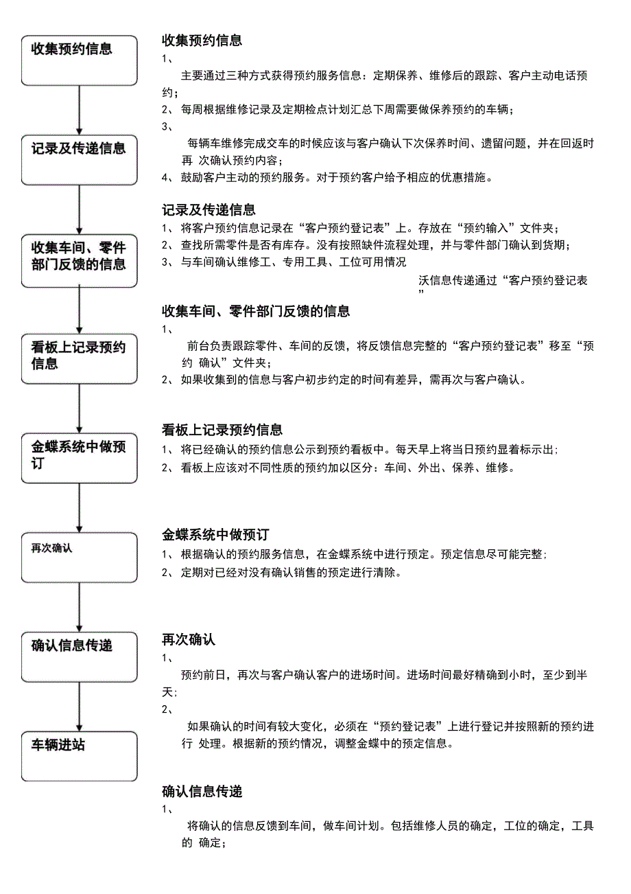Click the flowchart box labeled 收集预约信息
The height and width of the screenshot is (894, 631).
pyautogui.click(x=79, y=60)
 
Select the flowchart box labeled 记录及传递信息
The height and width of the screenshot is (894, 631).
pyautogui.click(x=79, y=159)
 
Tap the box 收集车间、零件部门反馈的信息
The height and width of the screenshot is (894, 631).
pyautogui.click(x=79, y=262)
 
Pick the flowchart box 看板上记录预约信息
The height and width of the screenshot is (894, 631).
pyautogui.click(x=79, y=359)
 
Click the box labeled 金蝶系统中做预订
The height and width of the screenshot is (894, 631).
pyautogui.click(x=79, y=459)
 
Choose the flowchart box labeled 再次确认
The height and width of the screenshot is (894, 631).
pyautogui.click(x=79, y=556)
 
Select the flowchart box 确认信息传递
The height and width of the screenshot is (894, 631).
pyautogui.click(x=79, y=656)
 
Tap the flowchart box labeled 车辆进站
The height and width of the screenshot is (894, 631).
pyautogui.click(x=79, y=756)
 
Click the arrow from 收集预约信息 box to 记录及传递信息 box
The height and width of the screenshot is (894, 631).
pyautogui.click(x=80, y=110)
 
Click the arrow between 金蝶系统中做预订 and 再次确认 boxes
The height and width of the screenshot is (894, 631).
pyautogui.click(x=80, y=507)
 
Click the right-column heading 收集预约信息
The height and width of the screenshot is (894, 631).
pyautogui.click(x=202, y=41)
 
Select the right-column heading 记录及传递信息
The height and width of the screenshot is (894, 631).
pyautogui.click(x=209, y=210)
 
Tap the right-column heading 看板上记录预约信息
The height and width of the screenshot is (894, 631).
pyautogui.click(x=222, y=431)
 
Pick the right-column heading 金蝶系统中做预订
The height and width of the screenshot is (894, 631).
pyautogui.click(x=215, y=535)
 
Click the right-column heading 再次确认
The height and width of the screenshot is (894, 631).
pyautogui.click(x=189, y=640)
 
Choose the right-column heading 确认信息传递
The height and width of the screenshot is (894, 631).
pyautogui.click(x=202, y=792)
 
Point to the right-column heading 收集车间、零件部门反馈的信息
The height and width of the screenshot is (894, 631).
pyautogui.click(x=256, y=312)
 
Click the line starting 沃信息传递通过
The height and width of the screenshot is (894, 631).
pyautogui.click(x=503, y=281)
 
